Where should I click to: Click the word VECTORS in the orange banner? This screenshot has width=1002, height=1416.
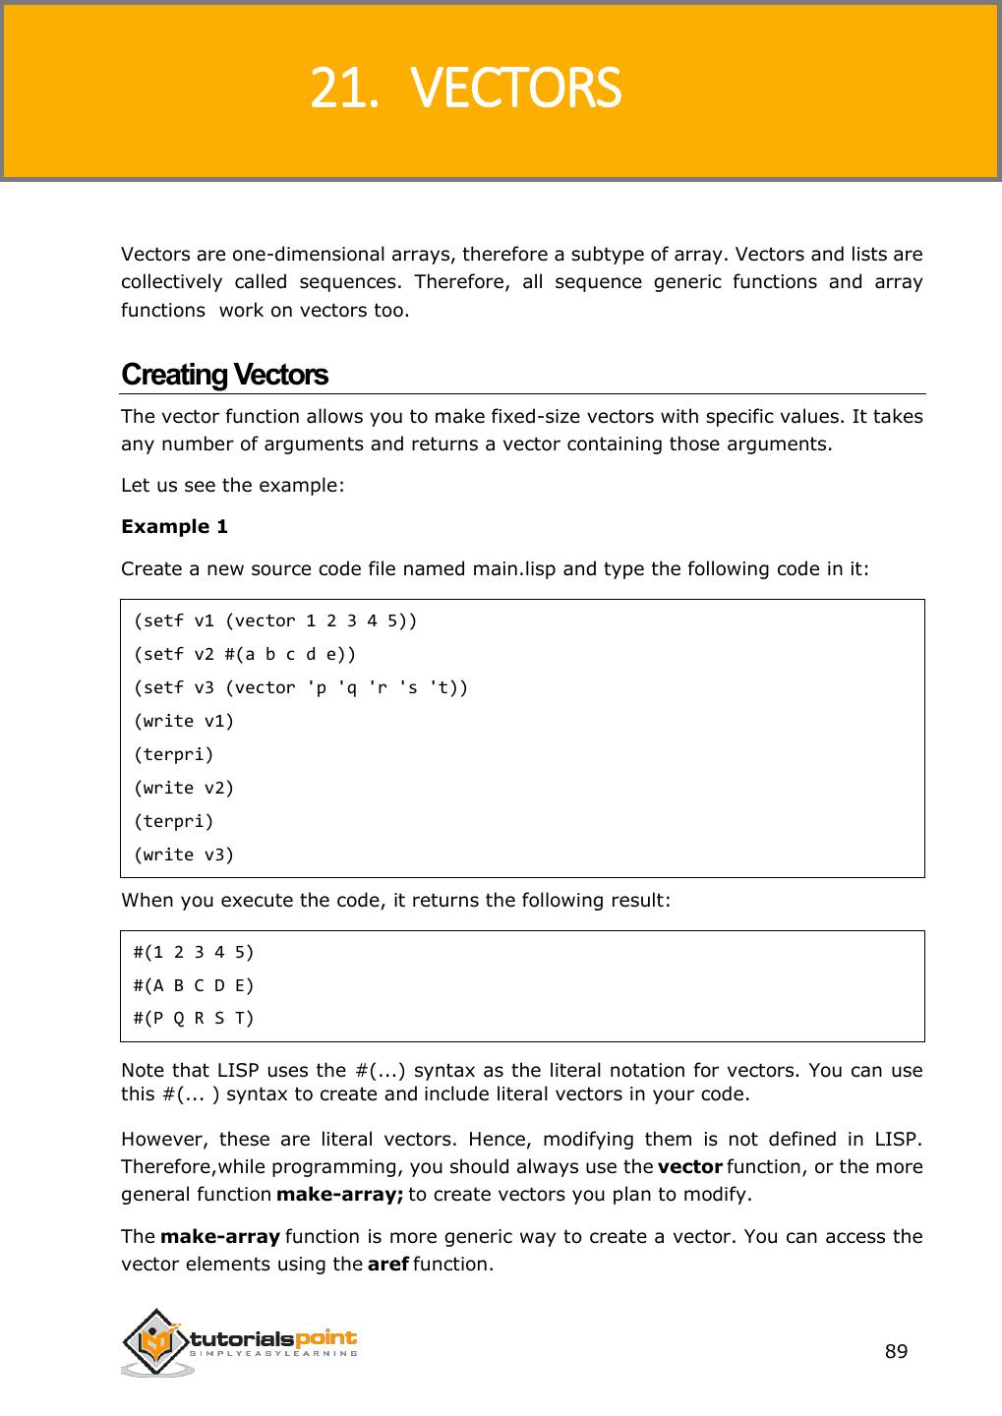point(515,88)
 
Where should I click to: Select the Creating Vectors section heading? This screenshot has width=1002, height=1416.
point(224,375)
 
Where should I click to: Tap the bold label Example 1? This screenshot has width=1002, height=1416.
point(174,526)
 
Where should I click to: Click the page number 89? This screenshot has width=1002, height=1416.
point(896,1351)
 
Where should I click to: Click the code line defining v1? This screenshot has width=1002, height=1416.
point(275,620)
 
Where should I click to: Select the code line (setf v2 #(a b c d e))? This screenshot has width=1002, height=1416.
point(245,654)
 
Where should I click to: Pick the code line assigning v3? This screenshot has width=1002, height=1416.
point(301,687)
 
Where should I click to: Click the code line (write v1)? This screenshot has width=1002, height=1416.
point(184,721)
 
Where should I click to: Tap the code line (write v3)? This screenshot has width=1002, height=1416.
point(184,855)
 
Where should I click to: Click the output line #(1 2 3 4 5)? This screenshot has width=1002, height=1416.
point(194,952)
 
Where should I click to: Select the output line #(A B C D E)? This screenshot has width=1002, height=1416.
point(194,985)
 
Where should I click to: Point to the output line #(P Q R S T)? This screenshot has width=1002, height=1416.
point(194,1018)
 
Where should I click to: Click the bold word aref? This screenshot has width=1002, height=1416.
point(387,1264)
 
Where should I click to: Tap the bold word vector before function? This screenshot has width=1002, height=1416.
point(689,1167)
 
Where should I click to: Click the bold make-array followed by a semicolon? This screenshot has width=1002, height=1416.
point(339,1195)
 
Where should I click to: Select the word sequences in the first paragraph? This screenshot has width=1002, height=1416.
point(350,282)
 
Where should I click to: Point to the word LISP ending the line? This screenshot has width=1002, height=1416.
point(897,1140)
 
